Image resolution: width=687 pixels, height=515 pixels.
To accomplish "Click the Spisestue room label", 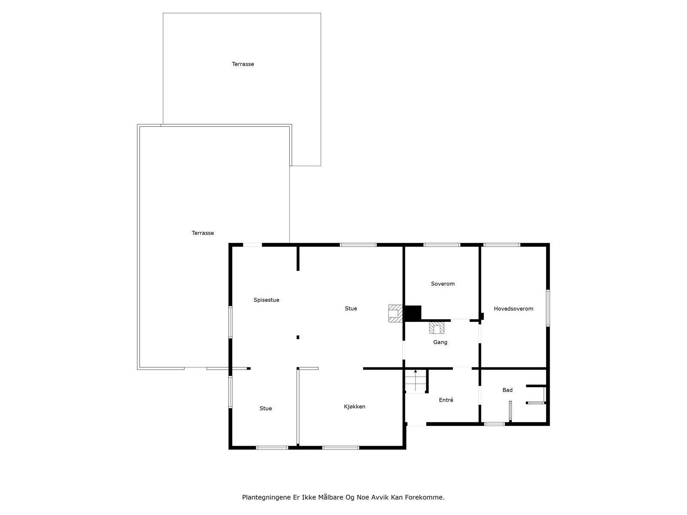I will coord(266,300).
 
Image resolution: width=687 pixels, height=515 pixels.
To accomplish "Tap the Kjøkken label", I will coord(354,406).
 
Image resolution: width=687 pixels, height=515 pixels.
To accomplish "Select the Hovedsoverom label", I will coord(513,309).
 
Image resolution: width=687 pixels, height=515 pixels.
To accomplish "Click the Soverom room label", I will coord(443,284).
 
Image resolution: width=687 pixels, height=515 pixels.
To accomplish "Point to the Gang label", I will coord(440,342).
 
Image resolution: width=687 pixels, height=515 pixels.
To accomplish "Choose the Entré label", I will coord(446,400).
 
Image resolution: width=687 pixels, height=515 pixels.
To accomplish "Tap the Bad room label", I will coord(508,390).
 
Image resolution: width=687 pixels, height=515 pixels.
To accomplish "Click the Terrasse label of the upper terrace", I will coord(243,64).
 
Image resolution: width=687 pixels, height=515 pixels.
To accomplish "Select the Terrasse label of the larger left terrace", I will coord(203,233).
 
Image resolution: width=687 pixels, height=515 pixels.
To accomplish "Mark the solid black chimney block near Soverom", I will coord(412,312).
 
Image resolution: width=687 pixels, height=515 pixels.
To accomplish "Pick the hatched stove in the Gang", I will coord(437,328).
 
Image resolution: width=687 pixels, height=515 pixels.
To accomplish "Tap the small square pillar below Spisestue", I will coord(298,337).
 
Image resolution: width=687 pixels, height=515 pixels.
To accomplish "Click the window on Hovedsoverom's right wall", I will coord(548,308).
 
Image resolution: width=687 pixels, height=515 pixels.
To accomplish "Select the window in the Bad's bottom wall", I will coord(494,424).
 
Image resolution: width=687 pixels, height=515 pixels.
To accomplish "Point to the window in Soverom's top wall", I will coord(442,245).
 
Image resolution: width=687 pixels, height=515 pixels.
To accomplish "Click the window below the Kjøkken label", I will coord(340,448).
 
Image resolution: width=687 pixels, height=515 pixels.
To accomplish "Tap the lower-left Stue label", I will coord(265,409).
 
